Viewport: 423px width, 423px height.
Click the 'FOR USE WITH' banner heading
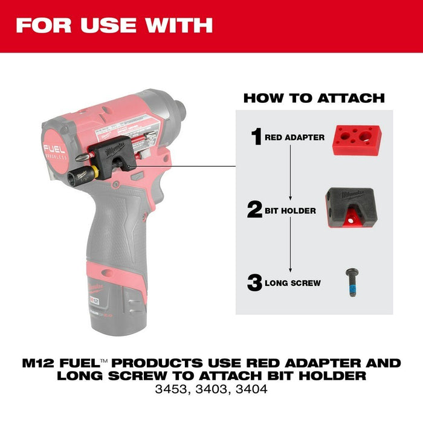pos(114,25)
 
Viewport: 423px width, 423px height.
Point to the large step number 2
pos(256,211)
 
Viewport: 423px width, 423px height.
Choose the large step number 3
pos(255,282)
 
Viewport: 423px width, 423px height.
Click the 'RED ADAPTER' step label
pos(294,138)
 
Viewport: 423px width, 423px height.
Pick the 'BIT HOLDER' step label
pos(291,211)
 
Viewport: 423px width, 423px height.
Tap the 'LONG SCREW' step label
pos(292,283)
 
